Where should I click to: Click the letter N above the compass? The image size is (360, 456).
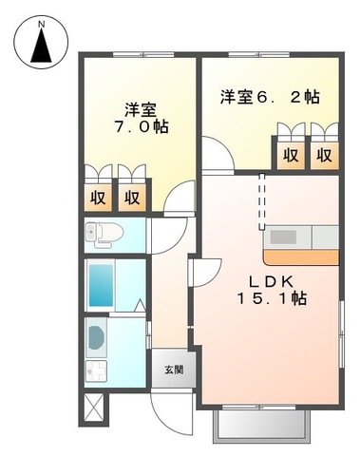[x=40, y=20]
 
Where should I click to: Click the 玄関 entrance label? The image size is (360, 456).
[x=174, y=370]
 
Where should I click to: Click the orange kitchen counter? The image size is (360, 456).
[x=300, y=256]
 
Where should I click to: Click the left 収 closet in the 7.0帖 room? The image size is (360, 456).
[x=99, y=198]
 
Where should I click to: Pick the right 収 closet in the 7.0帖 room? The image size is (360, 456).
[x=132, y=198]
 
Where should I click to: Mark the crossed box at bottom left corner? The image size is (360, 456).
[x=96, y=406]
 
